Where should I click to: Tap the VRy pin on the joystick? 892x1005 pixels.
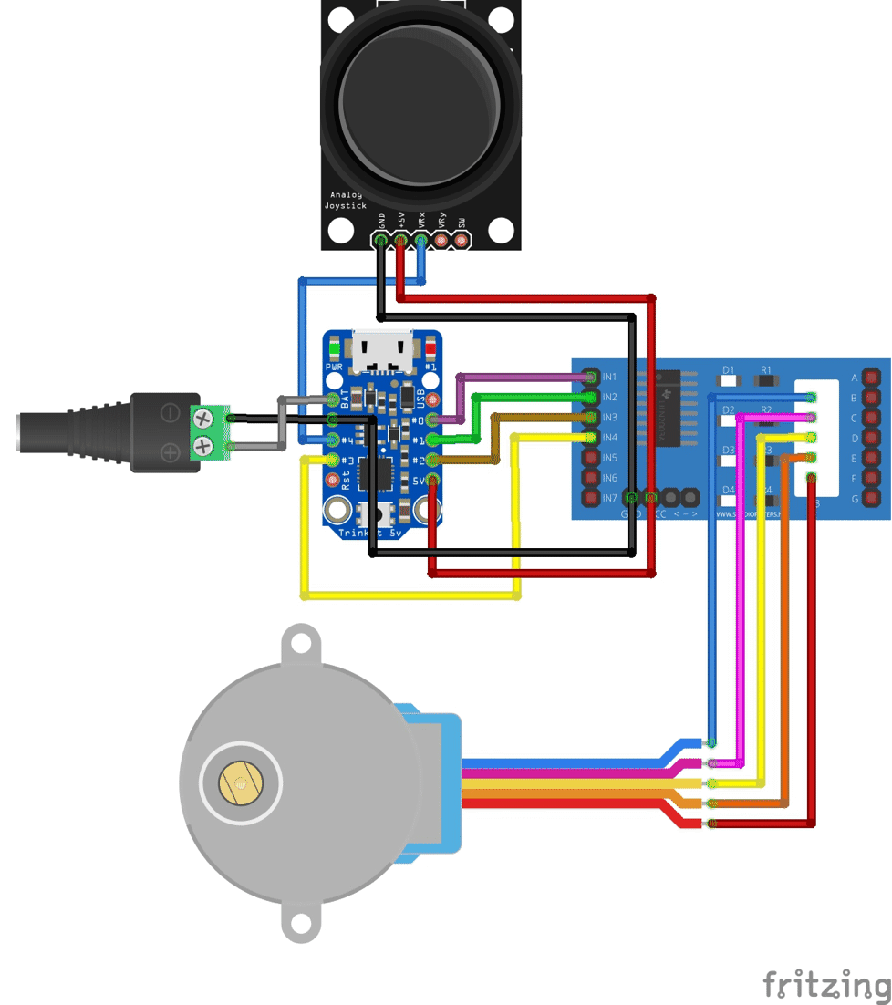click(x=441, y=241)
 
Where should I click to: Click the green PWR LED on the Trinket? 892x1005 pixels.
click(x=335, y=348)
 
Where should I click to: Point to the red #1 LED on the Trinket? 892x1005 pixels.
click(x=431, y=348)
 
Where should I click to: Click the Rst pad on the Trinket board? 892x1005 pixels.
click(x=334, y=480)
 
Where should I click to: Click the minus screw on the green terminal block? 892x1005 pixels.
click(x=202, y=419)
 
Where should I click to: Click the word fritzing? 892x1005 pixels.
click(x=826, y=984)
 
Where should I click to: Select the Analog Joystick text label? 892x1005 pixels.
click(x=344, y=201)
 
